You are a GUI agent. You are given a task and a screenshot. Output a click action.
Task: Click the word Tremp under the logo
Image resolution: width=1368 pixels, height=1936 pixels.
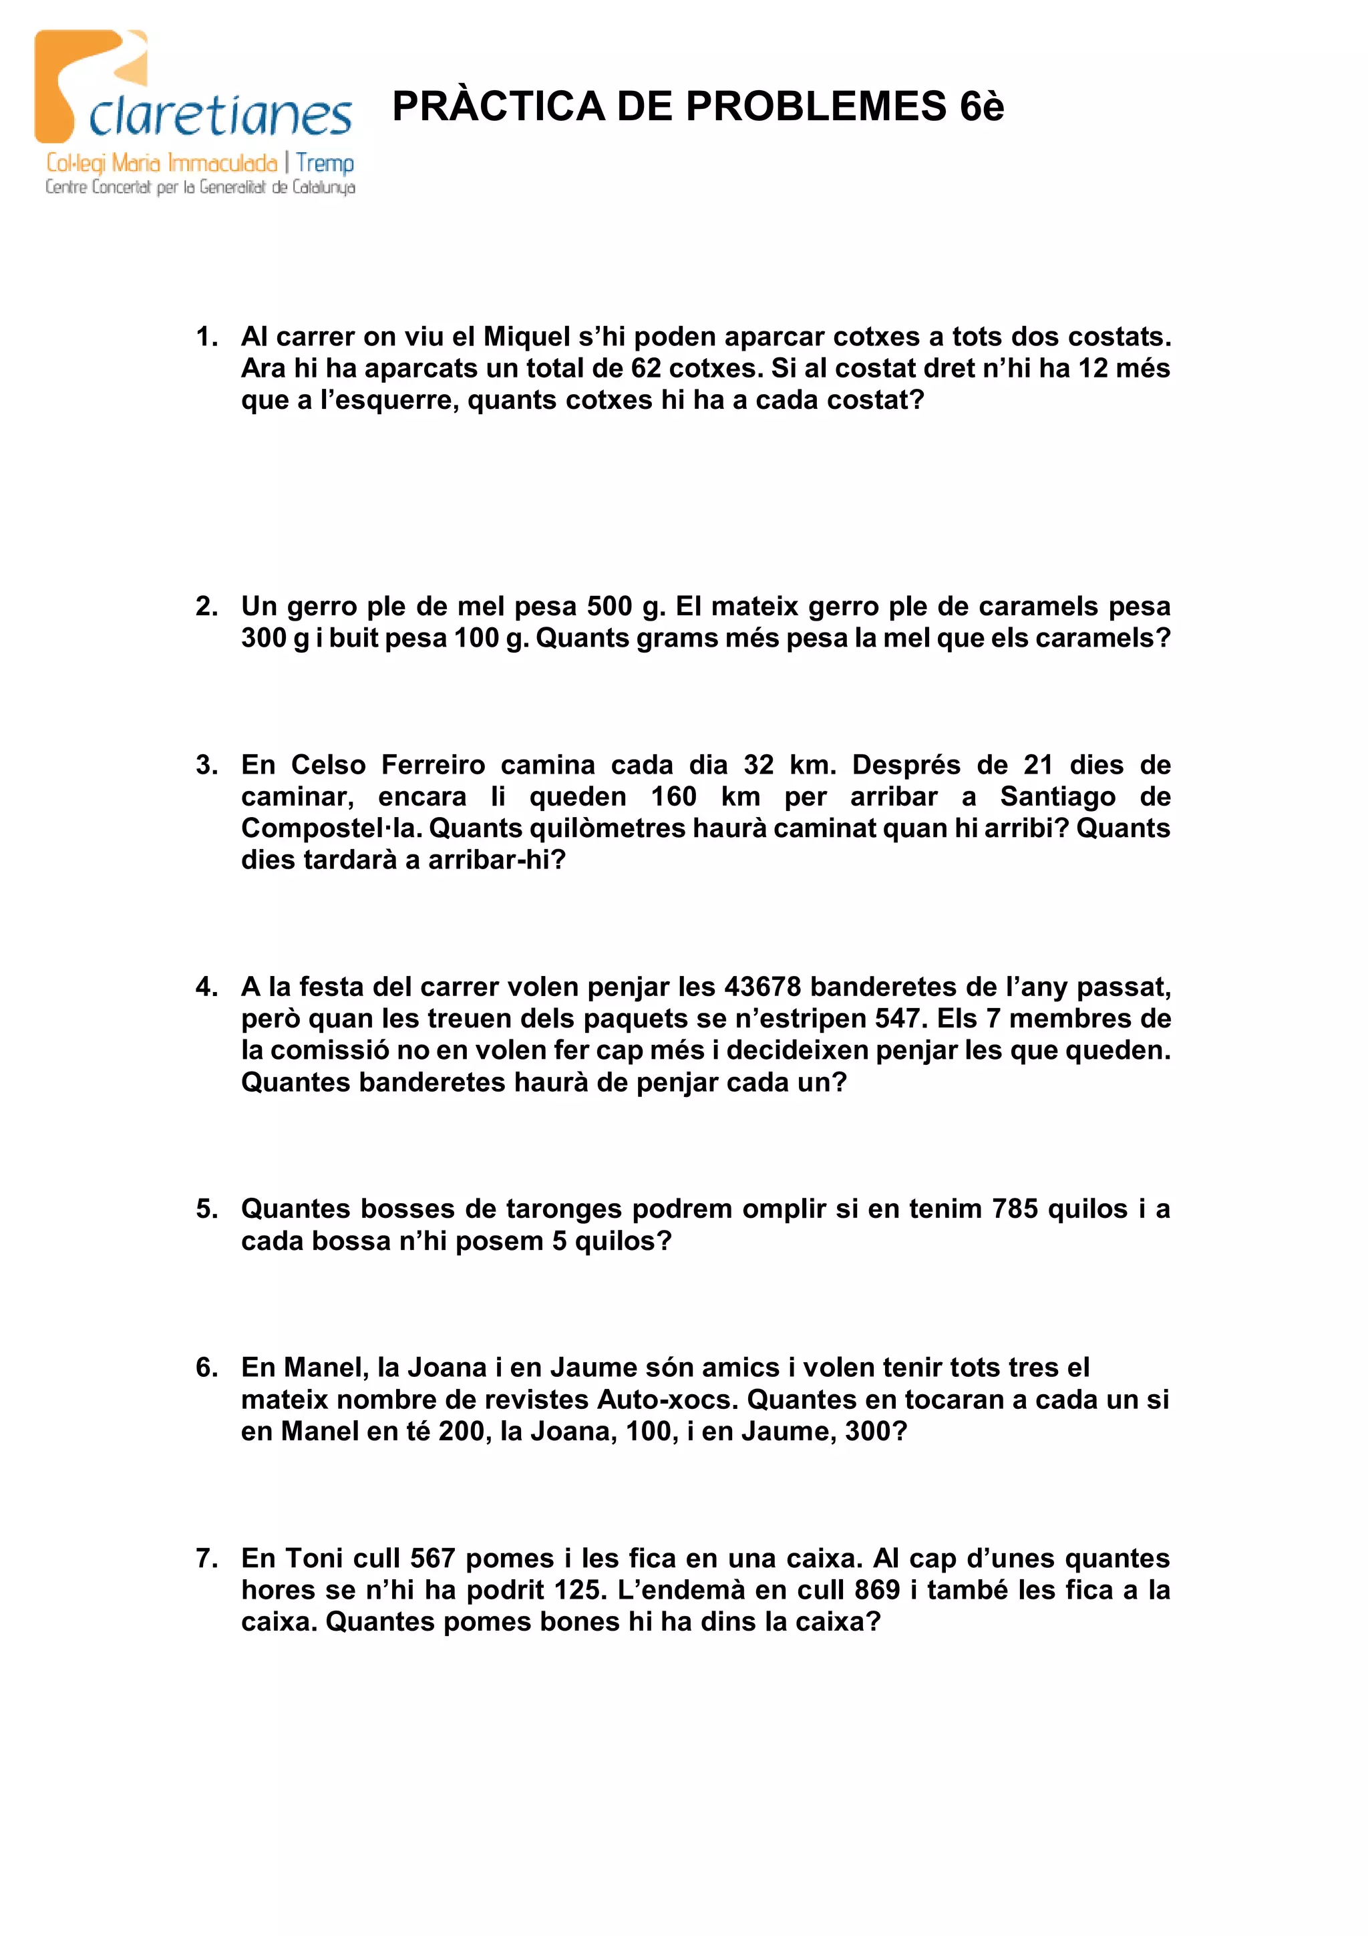(x=325, y=163)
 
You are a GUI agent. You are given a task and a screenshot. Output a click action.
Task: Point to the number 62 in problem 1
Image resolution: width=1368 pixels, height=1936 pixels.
(x=646, y=369)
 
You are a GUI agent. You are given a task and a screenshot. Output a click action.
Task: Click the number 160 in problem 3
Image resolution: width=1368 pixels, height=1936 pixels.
(x=673, y=796)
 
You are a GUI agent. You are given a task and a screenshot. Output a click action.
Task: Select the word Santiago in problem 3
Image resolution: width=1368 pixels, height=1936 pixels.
(x=1058, y=796)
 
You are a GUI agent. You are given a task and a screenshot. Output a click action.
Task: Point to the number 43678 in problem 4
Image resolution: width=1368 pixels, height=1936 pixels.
(x=762, y=987)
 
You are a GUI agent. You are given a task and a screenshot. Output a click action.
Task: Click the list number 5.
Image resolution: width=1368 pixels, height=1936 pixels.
(x=206, y=1208)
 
